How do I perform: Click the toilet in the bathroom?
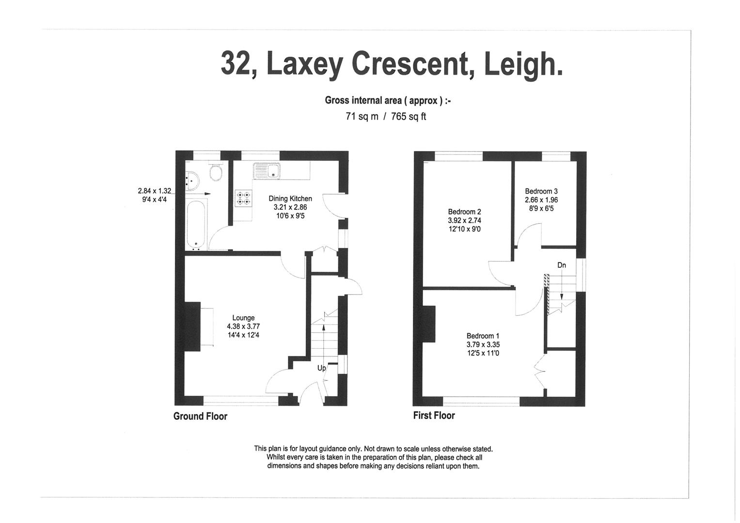point(216,172)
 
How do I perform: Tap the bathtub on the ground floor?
point(196,225)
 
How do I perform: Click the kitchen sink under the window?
point(266,170)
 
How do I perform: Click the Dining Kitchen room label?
point(290,199)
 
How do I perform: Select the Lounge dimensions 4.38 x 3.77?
point(243,326)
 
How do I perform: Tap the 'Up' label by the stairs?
point(321,368)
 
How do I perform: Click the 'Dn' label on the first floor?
point(561,265)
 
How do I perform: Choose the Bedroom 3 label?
point(541,191)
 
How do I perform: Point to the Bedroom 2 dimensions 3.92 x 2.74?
point(464,220)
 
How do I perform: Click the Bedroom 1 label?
point(483,336)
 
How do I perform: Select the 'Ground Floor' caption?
point(200,416)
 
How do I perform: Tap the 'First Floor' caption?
point(434,415)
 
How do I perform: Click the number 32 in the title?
point(236,63)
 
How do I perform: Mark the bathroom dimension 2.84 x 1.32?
point(154,191)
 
